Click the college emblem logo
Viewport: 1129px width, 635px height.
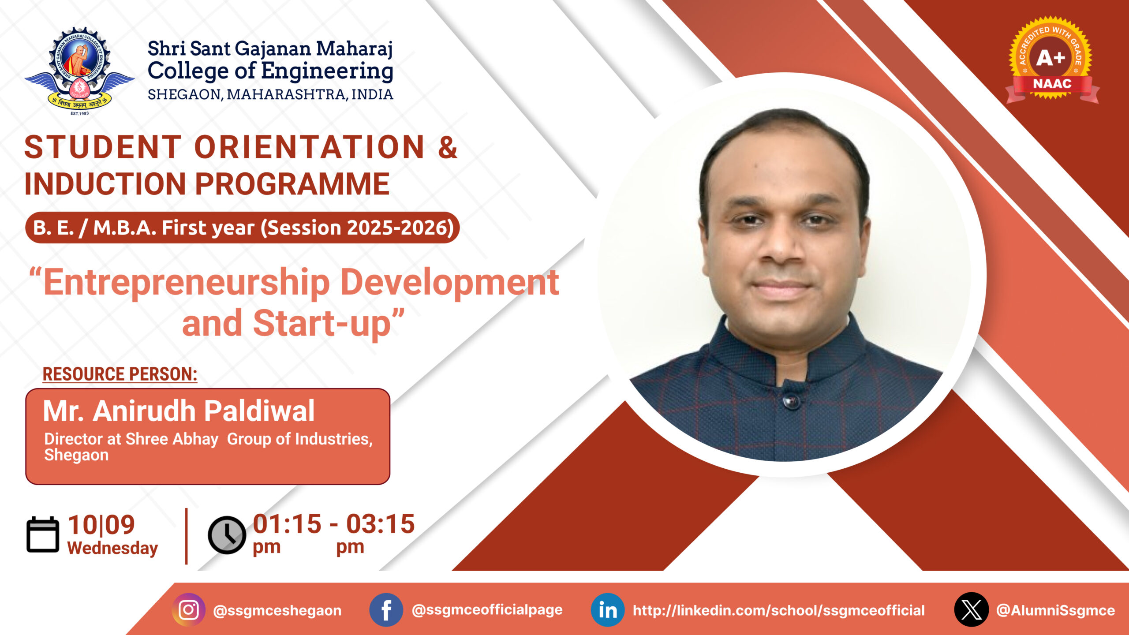pyautogui.click(x=79, y=71)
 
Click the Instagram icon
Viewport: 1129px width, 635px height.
pyautogui.click(x=189, y=610)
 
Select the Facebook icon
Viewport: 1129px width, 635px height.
pyautogui.click(x=386, y=610)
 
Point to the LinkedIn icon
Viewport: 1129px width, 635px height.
pyautogui.click(x=607, y=610)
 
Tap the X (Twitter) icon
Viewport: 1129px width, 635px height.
pyautogui.click(x=971, y=610)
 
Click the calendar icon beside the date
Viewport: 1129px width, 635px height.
pyautogui.click(x=43, y=534)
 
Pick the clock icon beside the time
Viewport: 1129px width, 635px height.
pyautogui.click(x=227, y=535)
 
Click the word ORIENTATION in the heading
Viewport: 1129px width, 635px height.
pyautogui.click(x=309, y=147)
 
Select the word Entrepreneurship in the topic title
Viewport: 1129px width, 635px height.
pyautogui.click(x=187, y=283)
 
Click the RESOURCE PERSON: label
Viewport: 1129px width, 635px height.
pyautogui.click(x=120, y=374)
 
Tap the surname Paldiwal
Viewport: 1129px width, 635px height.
pyautogui.click(x=259, y=411)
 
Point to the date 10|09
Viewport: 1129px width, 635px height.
pyautogui.click(x=101, y=525)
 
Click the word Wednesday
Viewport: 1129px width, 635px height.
pyautogui.click(x=112, y=548)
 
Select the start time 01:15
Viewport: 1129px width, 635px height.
pyautogui.click(x=287, y=524)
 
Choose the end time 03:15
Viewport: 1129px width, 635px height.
pyautogui.click(x=380, y=524)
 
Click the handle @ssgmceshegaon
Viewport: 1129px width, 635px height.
pyautogui.click(x=277, y=610)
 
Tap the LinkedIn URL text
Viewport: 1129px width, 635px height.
pyautogui.click(x=779, y=610)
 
